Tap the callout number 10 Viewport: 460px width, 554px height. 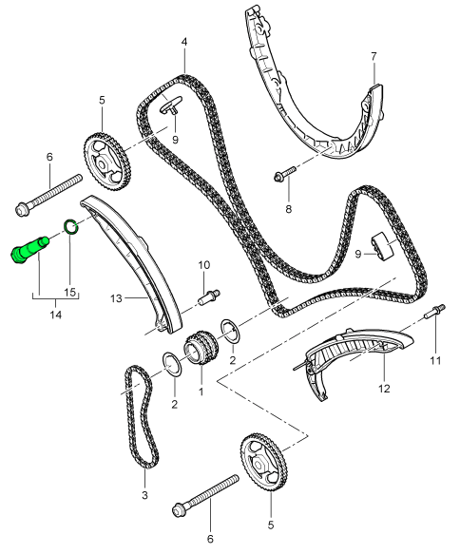click(203, 264)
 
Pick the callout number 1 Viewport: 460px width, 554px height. click(201, 389)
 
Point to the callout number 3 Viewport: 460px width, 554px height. click(145, 494)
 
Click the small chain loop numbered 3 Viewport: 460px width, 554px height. click(139, 418)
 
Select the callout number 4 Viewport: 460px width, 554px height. click(183, 41)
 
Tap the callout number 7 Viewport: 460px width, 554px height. click(374, 56)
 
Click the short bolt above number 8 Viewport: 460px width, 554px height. click(285, 174)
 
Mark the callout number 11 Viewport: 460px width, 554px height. click(436, 360)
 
